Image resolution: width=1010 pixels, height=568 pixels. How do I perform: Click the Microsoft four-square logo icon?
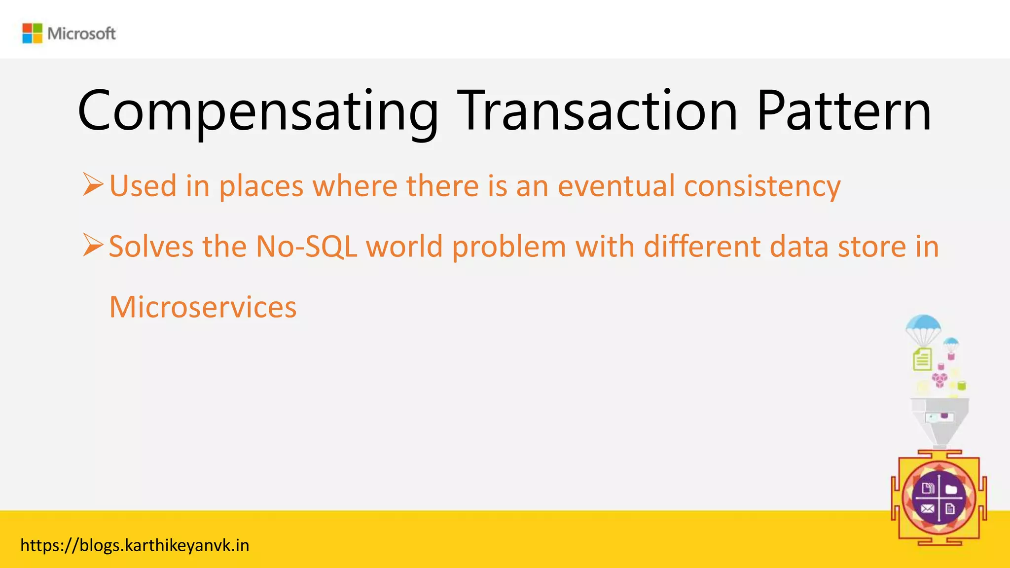click(x=33, y=34)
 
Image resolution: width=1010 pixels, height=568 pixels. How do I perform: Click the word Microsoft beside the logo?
click(x=81, y=34)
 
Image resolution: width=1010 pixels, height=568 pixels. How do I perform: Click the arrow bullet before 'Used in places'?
click(x=93, y=185)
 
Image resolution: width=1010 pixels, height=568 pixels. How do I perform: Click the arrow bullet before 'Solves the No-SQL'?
click(x=93, y=245)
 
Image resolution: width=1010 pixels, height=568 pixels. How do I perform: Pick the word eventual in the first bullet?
click(x=616, y=186)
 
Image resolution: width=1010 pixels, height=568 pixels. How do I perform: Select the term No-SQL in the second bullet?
click(x=306, y=246)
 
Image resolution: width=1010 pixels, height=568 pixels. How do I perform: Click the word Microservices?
click(x=203, y=307)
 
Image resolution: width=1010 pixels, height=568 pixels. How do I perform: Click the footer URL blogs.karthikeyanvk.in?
click(x=135, y=545)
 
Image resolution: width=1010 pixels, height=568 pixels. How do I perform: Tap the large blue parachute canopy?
click(x=923, y=325)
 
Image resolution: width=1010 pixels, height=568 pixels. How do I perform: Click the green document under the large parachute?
click(x=922, y=359)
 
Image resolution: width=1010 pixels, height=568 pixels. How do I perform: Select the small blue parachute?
click(x=950, y=343)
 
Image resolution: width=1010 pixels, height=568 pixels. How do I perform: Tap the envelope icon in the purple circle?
click(x=928, y=509)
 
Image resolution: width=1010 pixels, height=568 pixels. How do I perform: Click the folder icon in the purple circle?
click(x=951, y=489)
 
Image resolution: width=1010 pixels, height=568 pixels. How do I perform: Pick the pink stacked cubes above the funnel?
click(x=939, y=380)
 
